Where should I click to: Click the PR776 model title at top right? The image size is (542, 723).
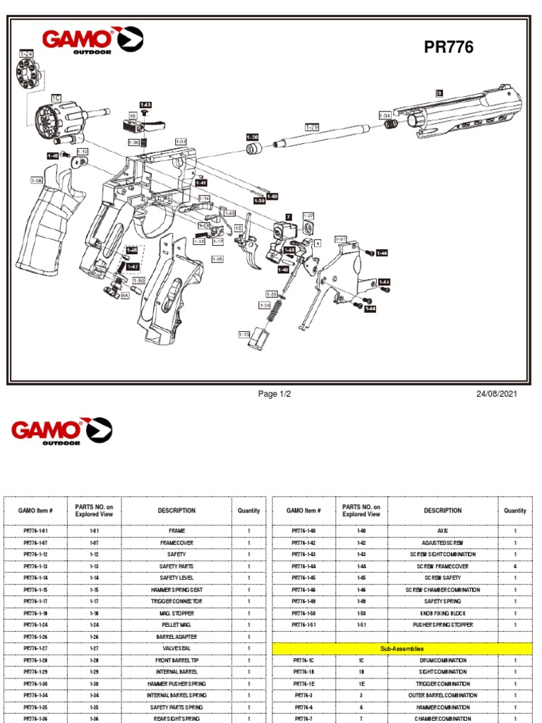pyautogui.click(x=448, y=47)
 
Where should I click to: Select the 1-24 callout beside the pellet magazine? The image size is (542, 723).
pyautogui.click(x=26, y=54)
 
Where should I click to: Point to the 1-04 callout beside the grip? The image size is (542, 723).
pyautogui.click(x=37, y=180)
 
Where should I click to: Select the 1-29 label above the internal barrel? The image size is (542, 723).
pyautogui.click(x=312, y=126)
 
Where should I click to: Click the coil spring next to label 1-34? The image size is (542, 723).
pyautogui.click(x=389, y=124)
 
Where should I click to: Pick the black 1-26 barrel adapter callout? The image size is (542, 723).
pyautogui.click(x=252, y=137)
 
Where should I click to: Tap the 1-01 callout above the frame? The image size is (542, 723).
pyautogui.click(x=181, y=141)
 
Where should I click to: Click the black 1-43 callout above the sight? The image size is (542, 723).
pyautogui.click(x=145, y=104)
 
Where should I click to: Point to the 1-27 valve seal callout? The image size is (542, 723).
pyautogui.click(x=308, y=215)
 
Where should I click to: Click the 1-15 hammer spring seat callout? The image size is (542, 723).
pyautogui.click(x=244, y=334)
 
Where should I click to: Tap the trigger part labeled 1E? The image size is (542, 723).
pyautogui.click(x=239, y=228)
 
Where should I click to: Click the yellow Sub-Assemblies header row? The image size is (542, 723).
pyautogui.click(x=400, y=648)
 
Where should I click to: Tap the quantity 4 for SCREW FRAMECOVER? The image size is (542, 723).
pyautogui.click(x=514, y=566)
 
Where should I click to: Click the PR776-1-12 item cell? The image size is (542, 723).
pyautogui.click(x=36, y=554)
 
